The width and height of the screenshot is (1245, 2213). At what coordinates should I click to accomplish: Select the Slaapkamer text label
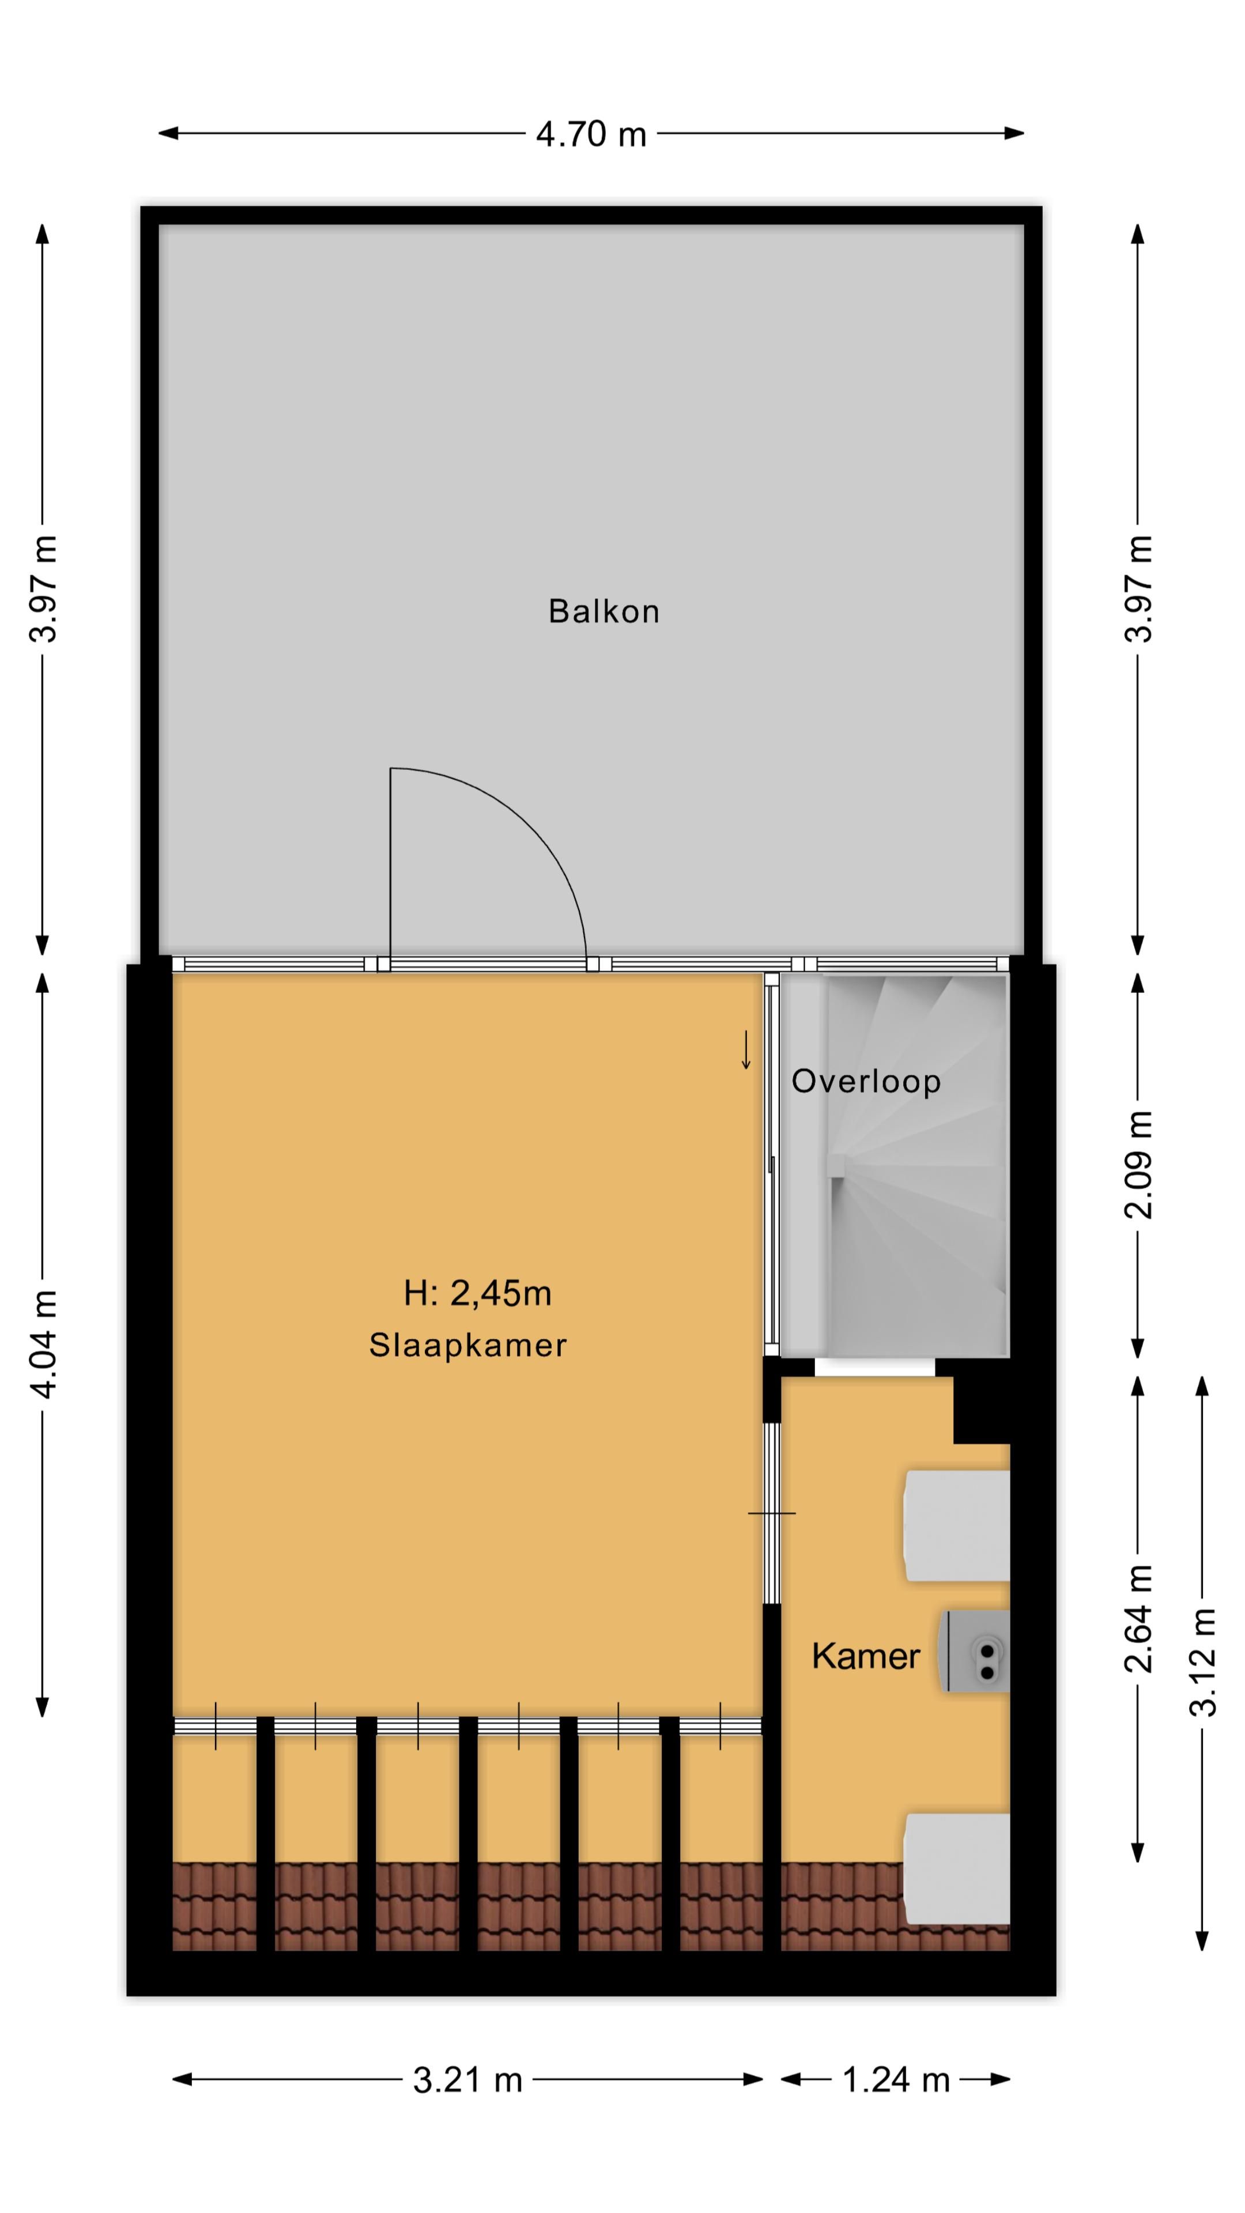point(467,1345)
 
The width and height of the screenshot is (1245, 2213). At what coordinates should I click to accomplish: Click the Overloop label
point(865,1082)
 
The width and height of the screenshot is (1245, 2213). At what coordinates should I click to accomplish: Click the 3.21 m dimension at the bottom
point(467,2080)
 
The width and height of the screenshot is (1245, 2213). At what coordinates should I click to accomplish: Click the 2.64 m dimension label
point(1138,1618)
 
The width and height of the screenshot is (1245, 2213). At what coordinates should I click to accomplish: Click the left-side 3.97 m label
point(43,590)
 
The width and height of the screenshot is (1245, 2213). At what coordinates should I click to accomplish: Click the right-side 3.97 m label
point(1138,590)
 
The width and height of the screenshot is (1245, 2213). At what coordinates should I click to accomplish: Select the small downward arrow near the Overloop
point(746,1050)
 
